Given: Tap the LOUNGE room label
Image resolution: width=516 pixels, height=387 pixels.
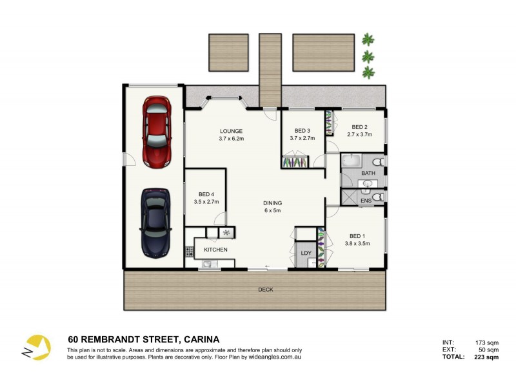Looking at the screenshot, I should click(x=231, y=131).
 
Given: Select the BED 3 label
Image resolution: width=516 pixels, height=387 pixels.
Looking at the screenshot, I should click(x=303, y=131).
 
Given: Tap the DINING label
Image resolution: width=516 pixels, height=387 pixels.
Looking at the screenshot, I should click(x=272, y=203).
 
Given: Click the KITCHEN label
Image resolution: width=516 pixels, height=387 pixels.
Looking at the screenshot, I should click(x=215, y=250).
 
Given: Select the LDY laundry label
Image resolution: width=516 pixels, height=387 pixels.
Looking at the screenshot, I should click(x=306, y=252).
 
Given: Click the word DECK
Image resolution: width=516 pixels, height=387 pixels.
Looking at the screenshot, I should click(x=265, y=290).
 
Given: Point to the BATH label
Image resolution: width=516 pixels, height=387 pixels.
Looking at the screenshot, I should click(x=368, y=173).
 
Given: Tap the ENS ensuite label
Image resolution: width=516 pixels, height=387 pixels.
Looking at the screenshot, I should click(x=366, y=201).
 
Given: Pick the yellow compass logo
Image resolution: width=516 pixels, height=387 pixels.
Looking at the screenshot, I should click(x=36, y=348).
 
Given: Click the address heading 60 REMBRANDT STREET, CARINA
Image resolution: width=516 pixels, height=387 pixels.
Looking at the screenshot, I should click(x=144, y=339).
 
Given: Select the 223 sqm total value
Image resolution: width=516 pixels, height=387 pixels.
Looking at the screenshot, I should click(x=486, y=357).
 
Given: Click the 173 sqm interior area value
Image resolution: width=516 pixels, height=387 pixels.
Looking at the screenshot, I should click(x=486, y=342).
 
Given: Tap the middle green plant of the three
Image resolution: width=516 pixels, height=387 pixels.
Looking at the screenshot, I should click(x=368, y=56).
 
